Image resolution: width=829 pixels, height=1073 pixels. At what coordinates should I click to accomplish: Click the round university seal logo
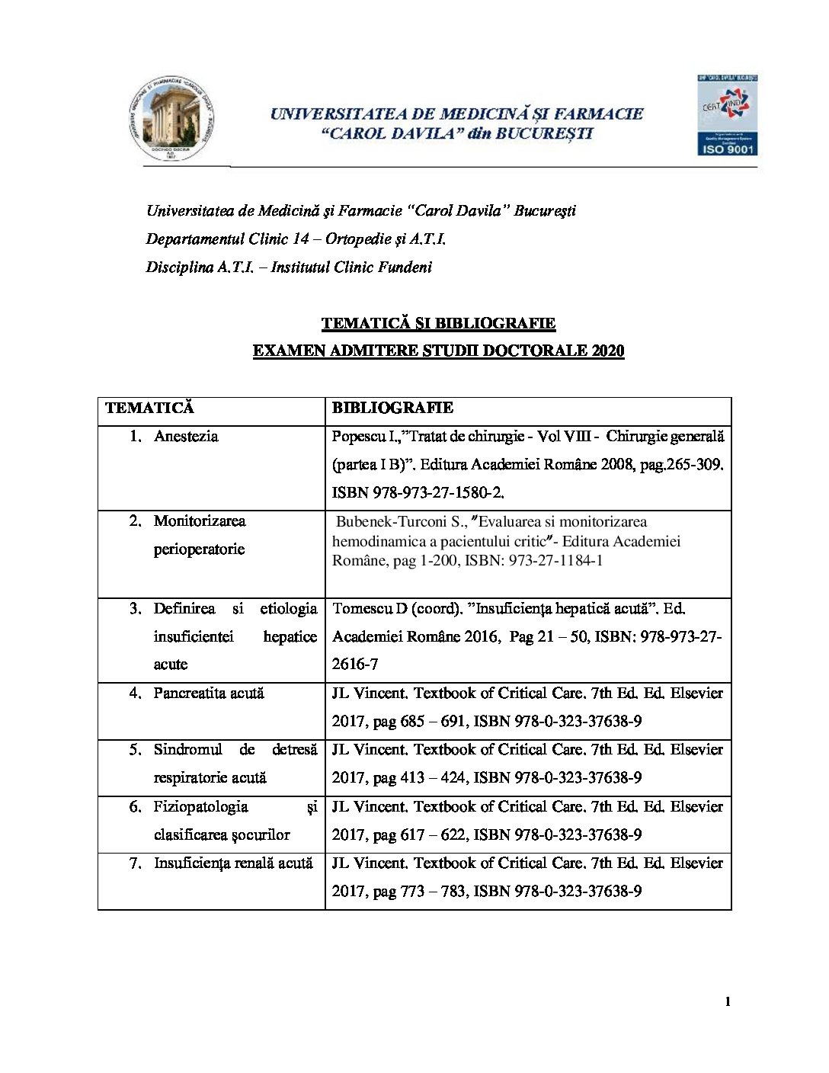coord(171,119)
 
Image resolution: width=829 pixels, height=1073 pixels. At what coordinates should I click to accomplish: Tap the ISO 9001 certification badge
coord(726,115)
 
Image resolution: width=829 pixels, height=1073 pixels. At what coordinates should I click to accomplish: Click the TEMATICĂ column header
coord(149,408)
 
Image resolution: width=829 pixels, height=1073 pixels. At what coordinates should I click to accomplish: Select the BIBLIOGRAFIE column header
coord(392,408)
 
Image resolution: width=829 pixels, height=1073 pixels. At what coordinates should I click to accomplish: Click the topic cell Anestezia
coord(186,437)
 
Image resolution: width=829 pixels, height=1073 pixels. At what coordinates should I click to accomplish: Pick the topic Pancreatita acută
coord(208,693)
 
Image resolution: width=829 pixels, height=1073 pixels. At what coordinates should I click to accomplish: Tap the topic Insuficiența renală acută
coord(233,863)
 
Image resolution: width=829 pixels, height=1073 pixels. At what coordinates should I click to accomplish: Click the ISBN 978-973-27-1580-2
coord(417,493)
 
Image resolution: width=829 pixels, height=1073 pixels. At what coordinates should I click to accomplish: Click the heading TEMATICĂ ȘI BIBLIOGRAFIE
coord(438,323)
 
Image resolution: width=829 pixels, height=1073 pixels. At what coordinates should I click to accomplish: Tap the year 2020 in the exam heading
coord(607,351)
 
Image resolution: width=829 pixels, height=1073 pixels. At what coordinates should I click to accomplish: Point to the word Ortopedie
coord(358,239)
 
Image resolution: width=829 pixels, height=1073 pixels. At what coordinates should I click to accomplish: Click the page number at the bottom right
coord(728,1002)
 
